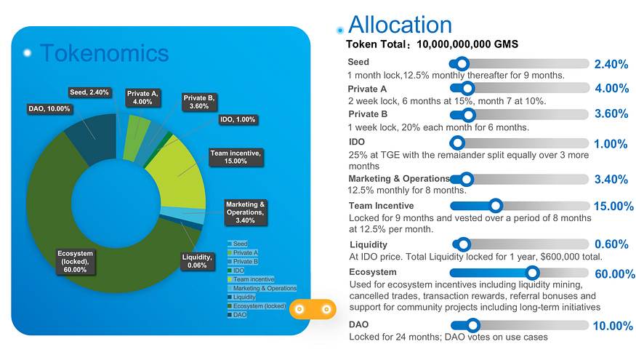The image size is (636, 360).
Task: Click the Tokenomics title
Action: point(104,52)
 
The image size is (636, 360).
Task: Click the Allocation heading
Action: point(400,25)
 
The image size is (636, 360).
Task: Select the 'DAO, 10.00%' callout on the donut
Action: point(49,108)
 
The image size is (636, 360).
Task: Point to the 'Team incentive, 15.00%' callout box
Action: point(235,156)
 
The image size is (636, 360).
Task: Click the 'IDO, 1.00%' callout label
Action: point(237,119)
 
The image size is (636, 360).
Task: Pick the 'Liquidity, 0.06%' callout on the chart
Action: point(198,261)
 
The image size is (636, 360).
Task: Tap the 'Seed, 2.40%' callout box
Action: point(89,92)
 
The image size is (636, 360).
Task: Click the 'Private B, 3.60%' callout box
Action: point(198,102)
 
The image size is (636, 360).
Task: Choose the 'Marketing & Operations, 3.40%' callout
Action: point(245,212)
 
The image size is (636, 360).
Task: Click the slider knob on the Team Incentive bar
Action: point(495,206)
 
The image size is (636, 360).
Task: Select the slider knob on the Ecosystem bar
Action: point(532,273)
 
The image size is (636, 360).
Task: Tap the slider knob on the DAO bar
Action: point(473,325)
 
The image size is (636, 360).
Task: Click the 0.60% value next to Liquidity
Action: point(611,244)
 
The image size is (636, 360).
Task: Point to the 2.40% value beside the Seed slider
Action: point(611,64)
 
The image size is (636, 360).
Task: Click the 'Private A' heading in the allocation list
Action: point(367,89)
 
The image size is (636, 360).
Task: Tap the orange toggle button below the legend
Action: point(312,310)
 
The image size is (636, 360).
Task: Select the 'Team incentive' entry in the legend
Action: point(253,279)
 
